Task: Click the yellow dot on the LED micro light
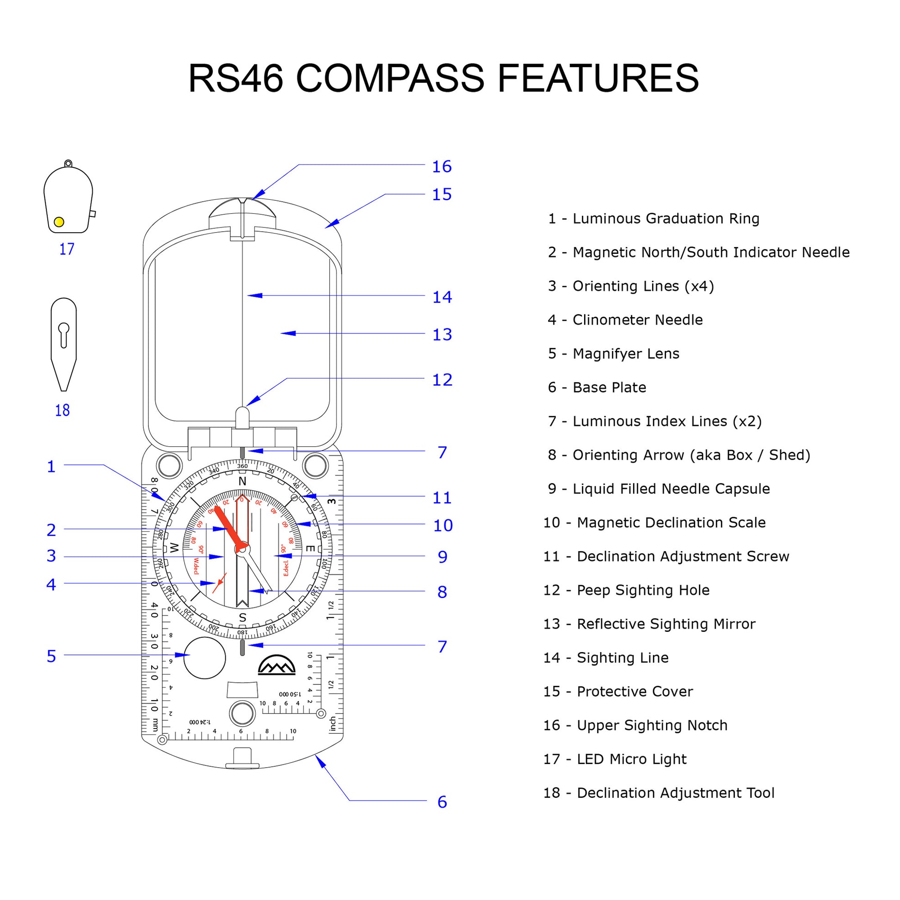click(59, 222)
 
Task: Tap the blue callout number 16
click(442, 166)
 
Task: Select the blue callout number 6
click(442, 801)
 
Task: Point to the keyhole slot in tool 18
click(64, 334)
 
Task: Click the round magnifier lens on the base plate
click(204, 658)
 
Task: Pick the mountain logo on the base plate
click(277, 665)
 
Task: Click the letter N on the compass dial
click(242, 481)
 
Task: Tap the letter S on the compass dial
click(242, 618)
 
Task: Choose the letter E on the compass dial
click(310, 549)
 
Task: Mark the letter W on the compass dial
click(174, 548)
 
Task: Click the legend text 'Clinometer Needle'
click(637, 320)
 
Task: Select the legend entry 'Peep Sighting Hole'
click(643, 590)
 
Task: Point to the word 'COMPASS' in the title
click(390, 78)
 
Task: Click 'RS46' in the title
click(236, 78)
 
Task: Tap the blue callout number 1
click(51, 466)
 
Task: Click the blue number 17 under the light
click(67, 249)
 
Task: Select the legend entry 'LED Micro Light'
click(631, 759)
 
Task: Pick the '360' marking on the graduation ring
click(242, 466)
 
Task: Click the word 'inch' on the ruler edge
click(333, 724)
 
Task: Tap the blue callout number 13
click(442, 334)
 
